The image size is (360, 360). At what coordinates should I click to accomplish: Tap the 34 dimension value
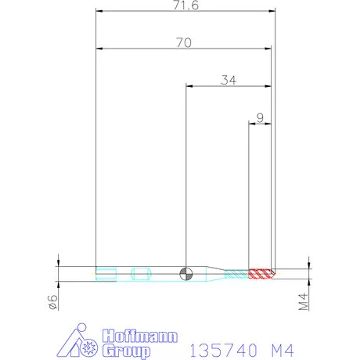click(229, 79)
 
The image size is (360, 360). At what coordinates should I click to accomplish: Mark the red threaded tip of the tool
click(260, 274)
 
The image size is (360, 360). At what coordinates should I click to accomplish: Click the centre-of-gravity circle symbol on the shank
click(185, 274)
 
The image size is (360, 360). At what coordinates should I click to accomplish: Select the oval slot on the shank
click(142, 274)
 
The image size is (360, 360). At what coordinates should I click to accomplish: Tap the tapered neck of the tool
click(216, 274)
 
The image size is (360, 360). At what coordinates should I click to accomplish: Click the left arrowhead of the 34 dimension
click(189, 85)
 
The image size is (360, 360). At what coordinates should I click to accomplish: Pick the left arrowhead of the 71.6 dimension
click(98, 11)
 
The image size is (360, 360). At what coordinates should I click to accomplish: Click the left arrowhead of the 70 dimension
click(98, 49)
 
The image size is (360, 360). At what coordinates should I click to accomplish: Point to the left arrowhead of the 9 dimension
click(251, 124)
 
